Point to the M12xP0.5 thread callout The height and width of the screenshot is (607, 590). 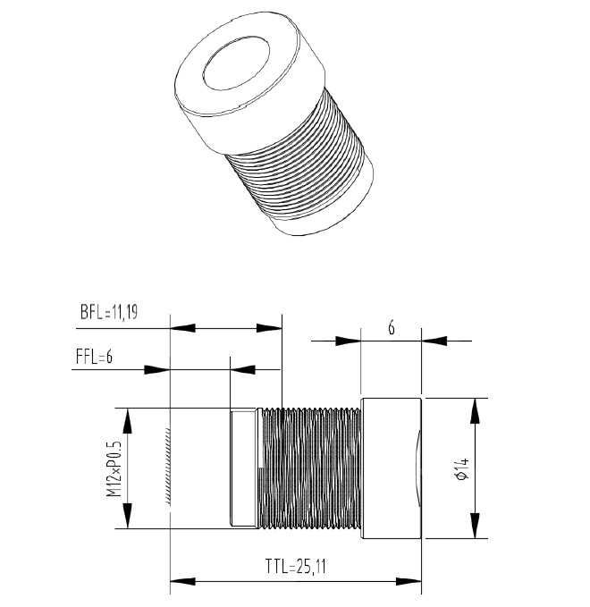tap(113, 468)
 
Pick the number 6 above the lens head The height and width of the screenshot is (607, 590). tap(391, 327)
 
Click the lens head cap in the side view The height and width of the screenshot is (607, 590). tap(390, 468)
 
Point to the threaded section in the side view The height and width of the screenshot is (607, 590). tap(309, 468)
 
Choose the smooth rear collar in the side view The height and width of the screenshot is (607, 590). tap(243, 468)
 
